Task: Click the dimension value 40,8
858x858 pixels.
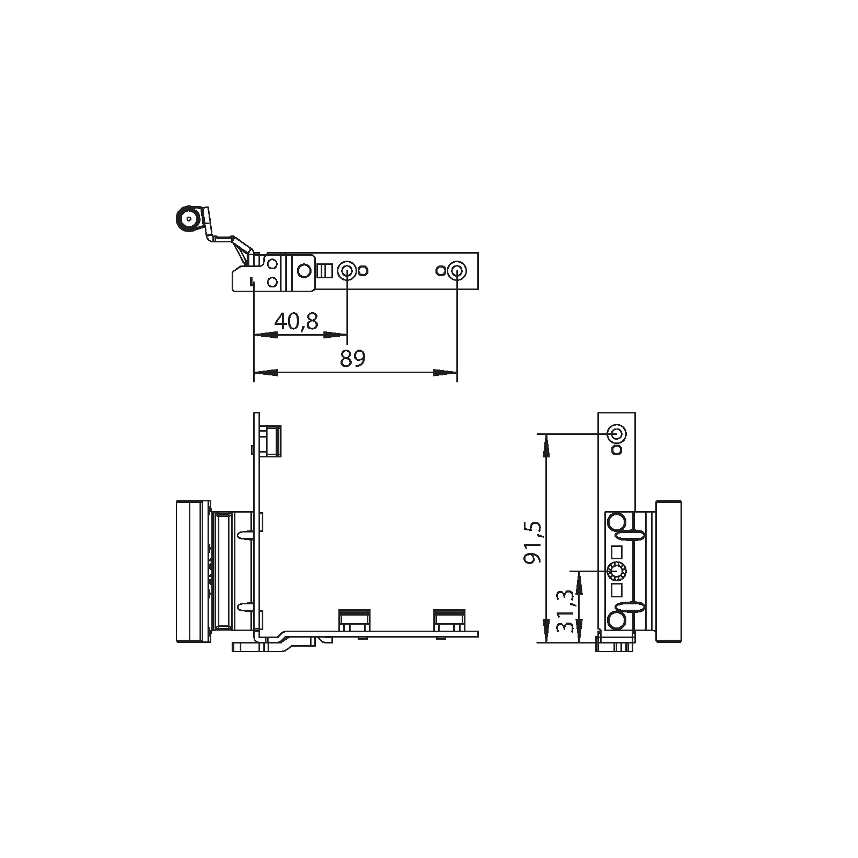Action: coord(297,321)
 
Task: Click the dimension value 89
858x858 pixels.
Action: coord(353,358)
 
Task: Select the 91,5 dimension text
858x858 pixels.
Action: coord(534,542)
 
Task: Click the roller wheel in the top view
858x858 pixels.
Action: coord(188,219)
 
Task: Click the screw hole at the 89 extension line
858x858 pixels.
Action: coord(456,271)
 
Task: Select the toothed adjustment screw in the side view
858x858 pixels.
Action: coord(616,572)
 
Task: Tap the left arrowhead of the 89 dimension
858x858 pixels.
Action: coord(265,372)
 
